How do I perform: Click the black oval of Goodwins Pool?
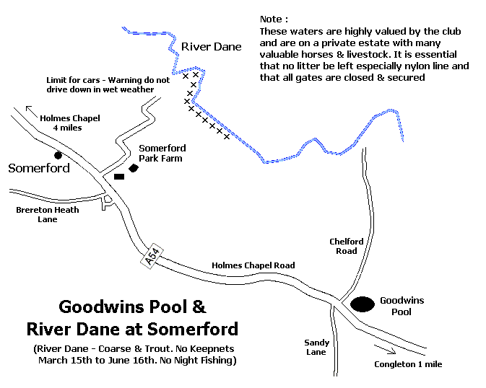click(363, 304)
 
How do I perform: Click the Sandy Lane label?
click(316, 347)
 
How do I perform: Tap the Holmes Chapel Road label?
click(253, 265)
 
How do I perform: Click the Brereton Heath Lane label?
click(47, 213)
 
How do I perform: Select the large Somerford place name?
click(39, 168)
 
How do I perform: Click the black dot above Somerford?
click(58, 154)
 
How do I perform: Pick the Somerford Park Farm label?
click(160, 153)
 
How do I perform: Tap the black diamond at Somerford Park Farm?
click(134, 168)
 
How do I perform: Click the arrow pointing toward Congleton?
click(386, 352)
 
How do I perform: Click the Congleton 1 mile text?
click(408, 364)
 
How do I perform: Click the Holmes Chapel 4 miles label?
click(69, 123)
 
